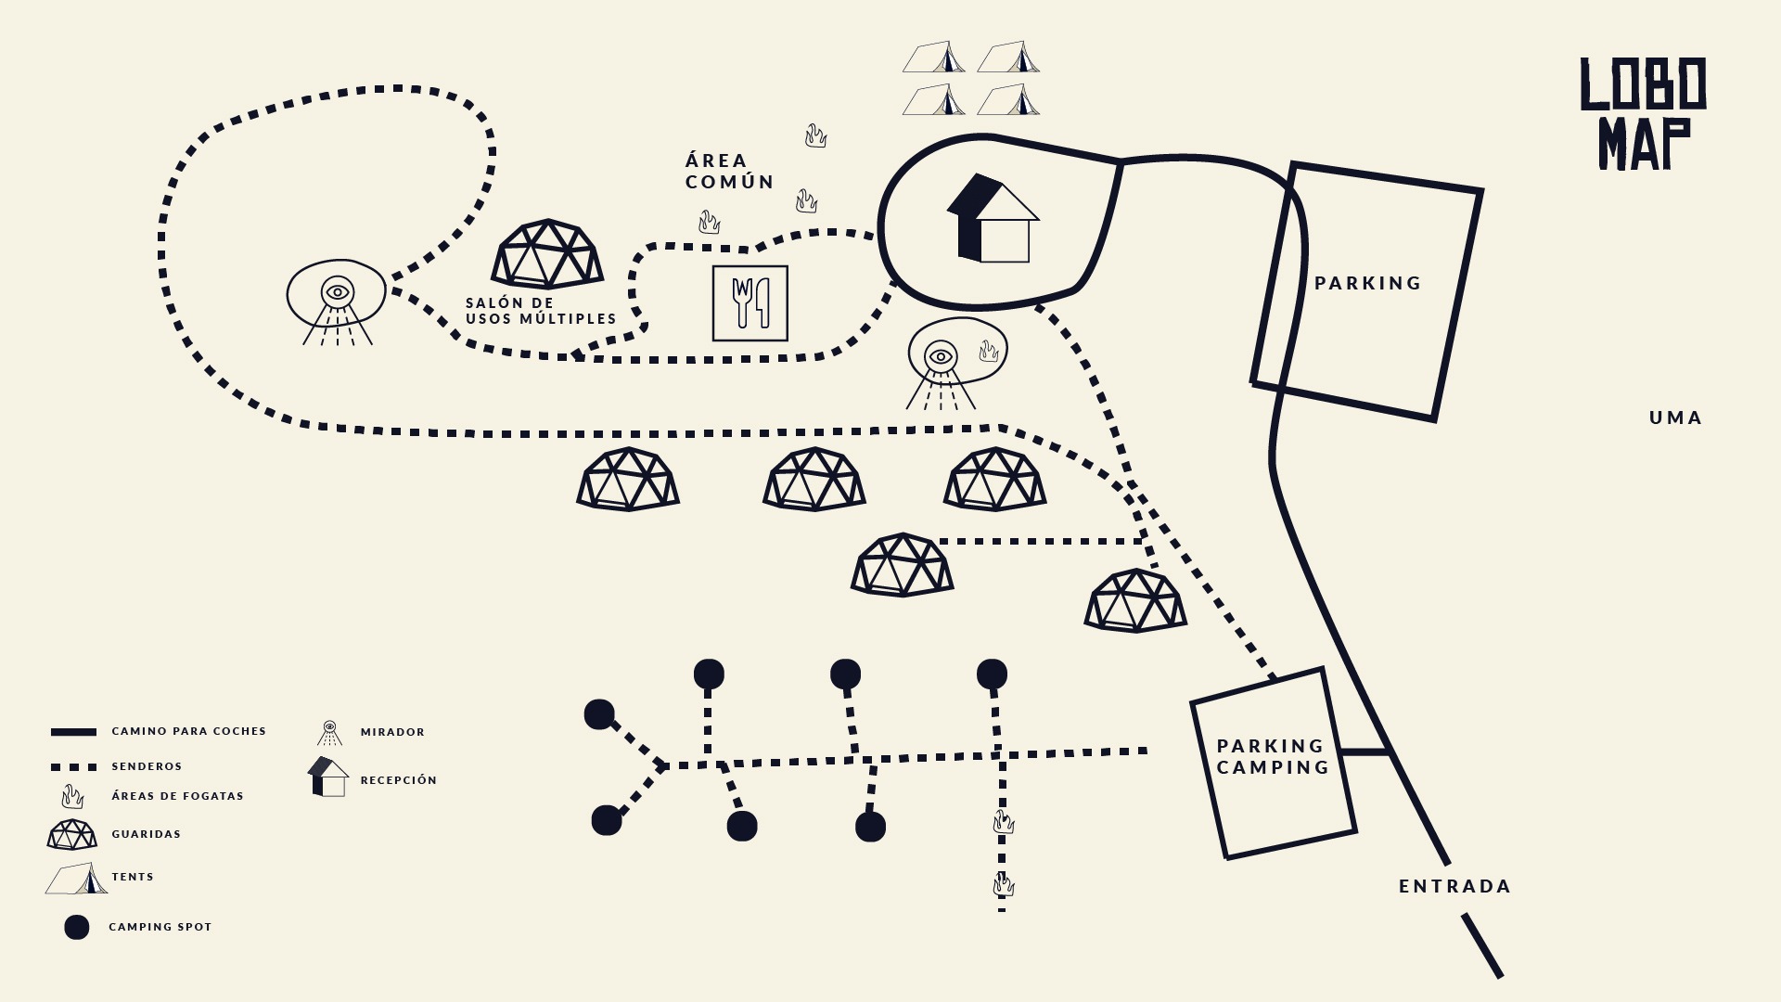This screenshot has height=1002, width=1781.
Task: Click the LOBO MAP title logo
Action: pyautogui.click(x=1643, y=113)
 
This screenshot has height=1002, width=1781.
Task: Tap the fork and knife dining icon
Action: pyautogui.click(x=750, y=303)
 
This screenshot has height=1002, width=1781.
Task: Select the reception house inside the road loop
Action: pyautogui.click(x=993, y=220)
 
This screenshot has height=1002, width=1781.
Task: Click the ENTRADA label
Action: pyautogui.click(x=1454, y=886)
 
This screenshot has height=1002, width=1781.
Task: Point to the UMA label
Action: pyautogui.click(x=1675, y=417)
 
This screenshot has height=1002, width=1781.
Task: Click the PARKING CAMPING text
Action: pyautogui.click(x=1273, y=756)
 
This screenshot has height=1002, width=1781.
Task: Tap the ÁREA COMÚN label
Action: pyautogui.click(x=729, y=172)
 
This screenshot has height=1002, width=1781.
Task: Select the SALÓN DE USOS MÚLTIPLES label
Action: pyautogui.click(x=541, y=311)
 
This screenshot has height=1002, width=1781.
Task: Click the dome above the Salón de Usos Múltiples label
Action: pyautogui.click(x=547, y=253)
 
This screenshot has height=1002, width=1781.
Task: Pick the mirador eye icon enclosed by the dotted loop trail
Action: pyautogui.click(x=338, y=292)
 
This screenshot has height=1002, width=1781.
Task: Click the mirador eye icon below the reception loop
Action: pyautogui.click(x=941, y=356)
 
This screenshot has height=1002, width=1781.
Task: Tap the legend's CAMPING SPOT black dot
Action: pyautogui.click(x=77, y=927)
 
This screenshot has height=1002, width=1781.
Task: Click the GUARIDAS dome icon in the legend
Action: pyautogui.click(x=72, y=834)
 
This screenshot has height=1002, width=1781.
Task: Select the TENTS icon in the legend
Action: pyautogui.click(x=77, y=878)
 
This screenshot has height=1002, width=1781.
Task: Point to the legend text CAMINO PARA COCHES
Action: pyautogui.click(x=188, y=731)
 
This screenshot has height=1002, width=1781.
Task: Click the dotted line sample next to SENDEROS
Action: pyautogui.click(x=73, y=767)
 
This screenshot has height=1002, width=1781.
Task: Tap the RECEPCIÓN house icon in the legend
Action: pyautogui.click(x=328, y=777)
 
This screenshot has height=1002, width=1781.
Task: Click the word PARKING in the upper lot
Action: pyautogui.click(x=1367, y=283)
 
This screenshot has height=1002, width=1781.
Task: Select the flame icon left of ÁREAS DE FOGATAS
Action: pyautogui.click(x=72, y=796)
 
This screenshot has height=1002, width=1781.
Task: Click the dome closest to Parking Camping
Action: pyautogui.click(x=1135, y=600)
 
